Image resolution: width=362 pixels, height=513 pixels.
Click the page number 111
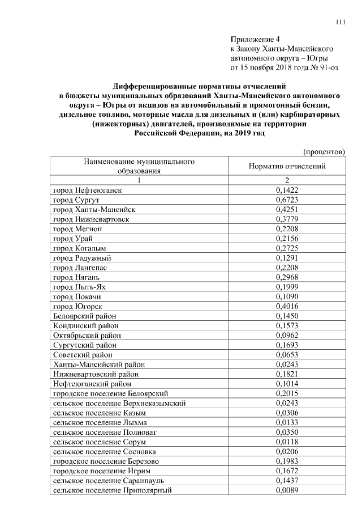click(x=340, y=22)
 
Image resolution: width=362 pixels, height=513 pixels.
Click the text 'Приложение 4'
click(x=255, y=40)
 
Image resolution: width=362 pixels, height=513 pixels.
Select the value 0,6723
click(x=287, y=200)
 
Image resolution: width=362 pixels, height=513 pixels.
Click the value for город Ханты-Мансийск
click(x=287, y=210)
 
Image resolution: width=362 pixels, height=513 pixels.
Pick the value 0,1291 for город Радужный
click(x=287, y=258)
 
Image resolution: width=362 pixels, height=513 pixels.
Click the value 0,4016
click(x=287, y=306)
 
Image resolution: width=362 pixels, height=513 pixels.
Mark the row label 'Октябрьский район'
click(x=87, y=335)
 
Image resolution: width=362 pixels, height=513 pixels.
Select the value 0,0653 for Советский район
click(x=287, y=354)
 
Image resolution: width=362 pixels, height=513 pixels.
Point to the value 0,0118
click(x=287, y=442)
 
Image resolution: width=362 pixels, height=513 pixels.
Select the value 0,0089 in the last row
click(x=287, y=490)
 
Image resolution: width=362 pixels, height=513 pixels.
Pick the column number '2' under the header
click(x=287, y=180)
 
